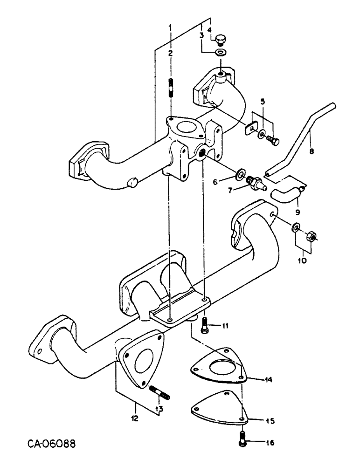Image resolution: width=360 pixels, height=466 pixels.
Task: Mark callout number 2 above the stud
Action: coord(171,53)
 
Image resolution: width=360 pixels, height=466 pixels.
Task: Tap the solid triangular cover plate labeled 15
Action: coord(219,411)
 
